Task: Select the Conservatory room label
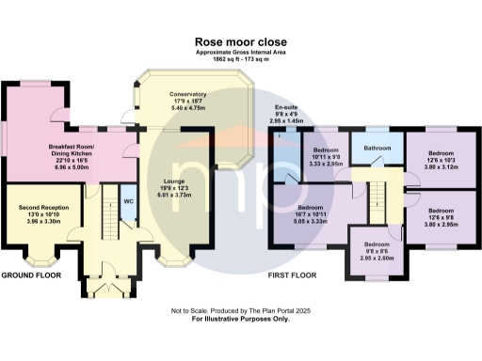click(x=188, y=95)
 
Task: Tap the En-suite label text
click(x=287, y=109)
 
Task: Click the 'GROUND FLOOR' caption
click(x=32, y=275)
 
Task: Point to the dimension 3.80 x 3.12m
click(x=442, y=165)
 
